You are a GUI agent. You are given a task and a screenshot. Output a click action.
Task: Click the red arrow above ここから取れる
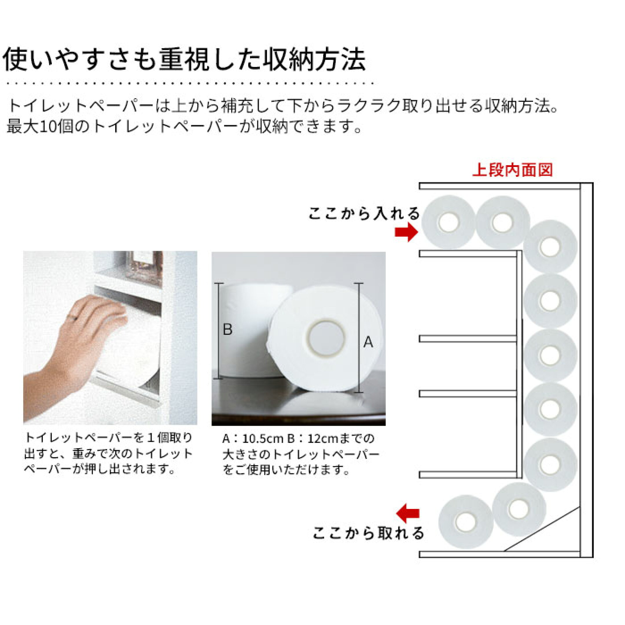[x=408, y=513]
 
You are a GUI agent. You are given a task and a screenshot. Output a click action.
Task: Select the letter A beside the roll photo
[x=368, y=342]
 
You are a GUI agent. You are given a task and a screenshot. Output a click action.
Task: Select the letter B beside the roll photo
[x=228, y=329]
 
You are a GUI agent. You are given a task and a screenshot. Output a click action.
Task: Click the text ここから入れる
[x=364, y=214]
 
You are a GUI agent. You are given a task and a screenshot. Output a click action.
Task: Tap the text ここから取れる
[x=368, y=533]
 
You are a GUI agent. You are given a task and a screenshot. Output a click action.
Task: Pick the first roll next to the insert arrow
[x=449, y=222]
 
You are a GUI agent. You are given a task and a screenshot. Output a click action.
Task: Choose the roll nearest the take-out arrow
[x=466, y=521]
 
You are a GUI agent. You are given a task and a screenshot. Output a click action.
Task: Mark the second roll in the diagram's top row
[x=503, y=222]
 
